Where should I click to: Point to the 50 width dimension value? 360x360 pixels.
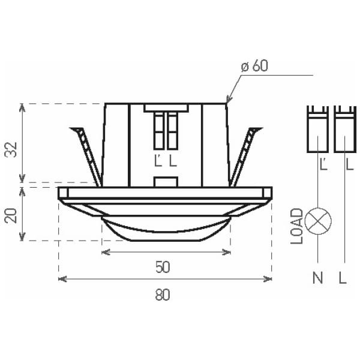coord(163,268)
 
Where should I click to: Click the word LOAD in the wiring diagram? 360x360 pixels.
coord(297,226)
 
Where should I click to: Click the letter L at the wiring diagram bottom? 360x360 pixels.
coord(343,278)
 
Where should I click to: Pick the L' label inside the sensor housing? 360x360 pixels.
coord(158,161)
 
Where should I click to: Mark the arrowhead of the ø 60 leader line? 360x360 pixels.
coord(227,101)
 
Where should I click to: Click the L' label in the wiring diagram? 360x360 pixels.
coord(324,163)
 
